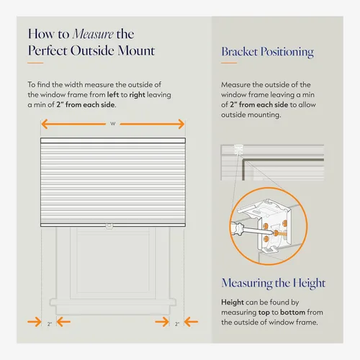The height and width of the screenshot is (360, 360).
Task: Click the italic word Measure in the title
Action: point(93,34)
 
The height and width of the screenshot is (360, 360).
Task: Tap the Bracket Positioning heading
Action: point(267,52)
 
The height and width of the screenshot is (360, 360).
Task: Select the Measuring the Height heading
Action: point(274,283)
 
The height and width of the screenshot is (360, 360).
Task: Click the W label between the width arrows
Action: point(113,124)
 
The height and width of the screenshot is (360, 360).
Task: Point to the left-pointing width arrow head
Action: point(45,124)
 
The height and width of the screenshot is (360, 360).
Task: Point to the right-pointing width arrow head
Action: point(181,124)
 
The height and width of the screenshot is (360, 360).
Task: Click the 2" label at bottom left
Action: point(50,324)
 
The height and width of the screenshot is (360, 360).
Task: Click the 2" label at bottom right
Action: point(177,324)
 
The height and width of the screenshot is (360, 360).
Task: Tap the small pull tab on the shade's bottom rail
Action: point(109,226)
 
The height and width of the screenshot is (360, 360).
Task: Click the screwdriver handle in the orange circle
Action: point(237,228)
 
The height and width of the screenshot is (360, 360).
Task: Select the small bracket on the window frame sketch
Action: point(239,150)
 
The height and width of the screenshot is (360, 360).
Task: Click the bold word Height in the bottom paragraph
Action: point(233,302)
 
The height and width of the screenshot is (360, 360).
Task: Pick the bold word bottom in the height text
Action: point(292,312)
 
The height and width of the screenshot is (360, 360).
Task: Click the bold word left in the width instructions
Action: point(113,94)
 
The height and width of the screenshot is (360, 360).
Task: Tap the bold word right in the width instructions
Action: point(137,95)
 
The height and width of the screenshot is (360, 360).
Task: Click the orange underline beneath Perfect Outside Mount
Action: point(35,63)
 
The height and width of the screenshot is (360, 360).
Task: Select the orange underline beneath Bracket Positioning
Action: point(229,63)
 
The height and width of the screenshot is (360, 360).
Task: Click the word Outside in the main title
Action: point(92,50)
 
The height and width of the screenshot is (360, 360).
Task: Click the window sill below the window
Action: point(113,302)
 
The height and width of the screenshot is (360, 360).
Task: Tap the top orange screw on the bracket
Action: point(284,223)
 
